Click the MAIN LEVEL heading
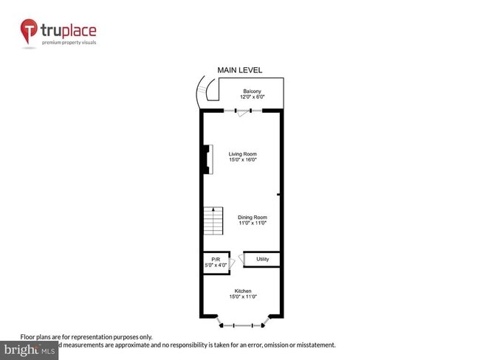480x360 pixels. (239, 70)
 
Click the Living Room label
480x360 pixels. (241, 153)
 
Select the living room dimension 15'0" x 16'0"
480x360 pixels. (241, 159)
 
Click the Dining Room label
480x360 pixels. (252, 217)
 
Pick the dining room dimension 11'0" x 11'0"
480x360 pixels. (252, 223)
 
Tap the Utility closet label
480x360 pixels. (262, 259)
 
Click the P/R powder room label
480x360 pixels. (216, 260)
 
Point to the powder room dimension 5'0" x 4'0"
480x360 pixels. (216, 266)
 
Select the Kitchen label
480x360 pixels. (242, 291)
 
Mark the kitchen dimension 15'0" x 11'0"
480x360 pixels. (242, 297)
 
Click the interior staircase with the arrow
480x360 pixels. (213, 219)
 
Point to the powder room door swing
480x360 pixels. (233, 261)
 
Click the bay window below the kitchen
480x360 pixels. (242, 323)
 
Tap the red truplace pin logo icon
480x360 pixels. (30, 31)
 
